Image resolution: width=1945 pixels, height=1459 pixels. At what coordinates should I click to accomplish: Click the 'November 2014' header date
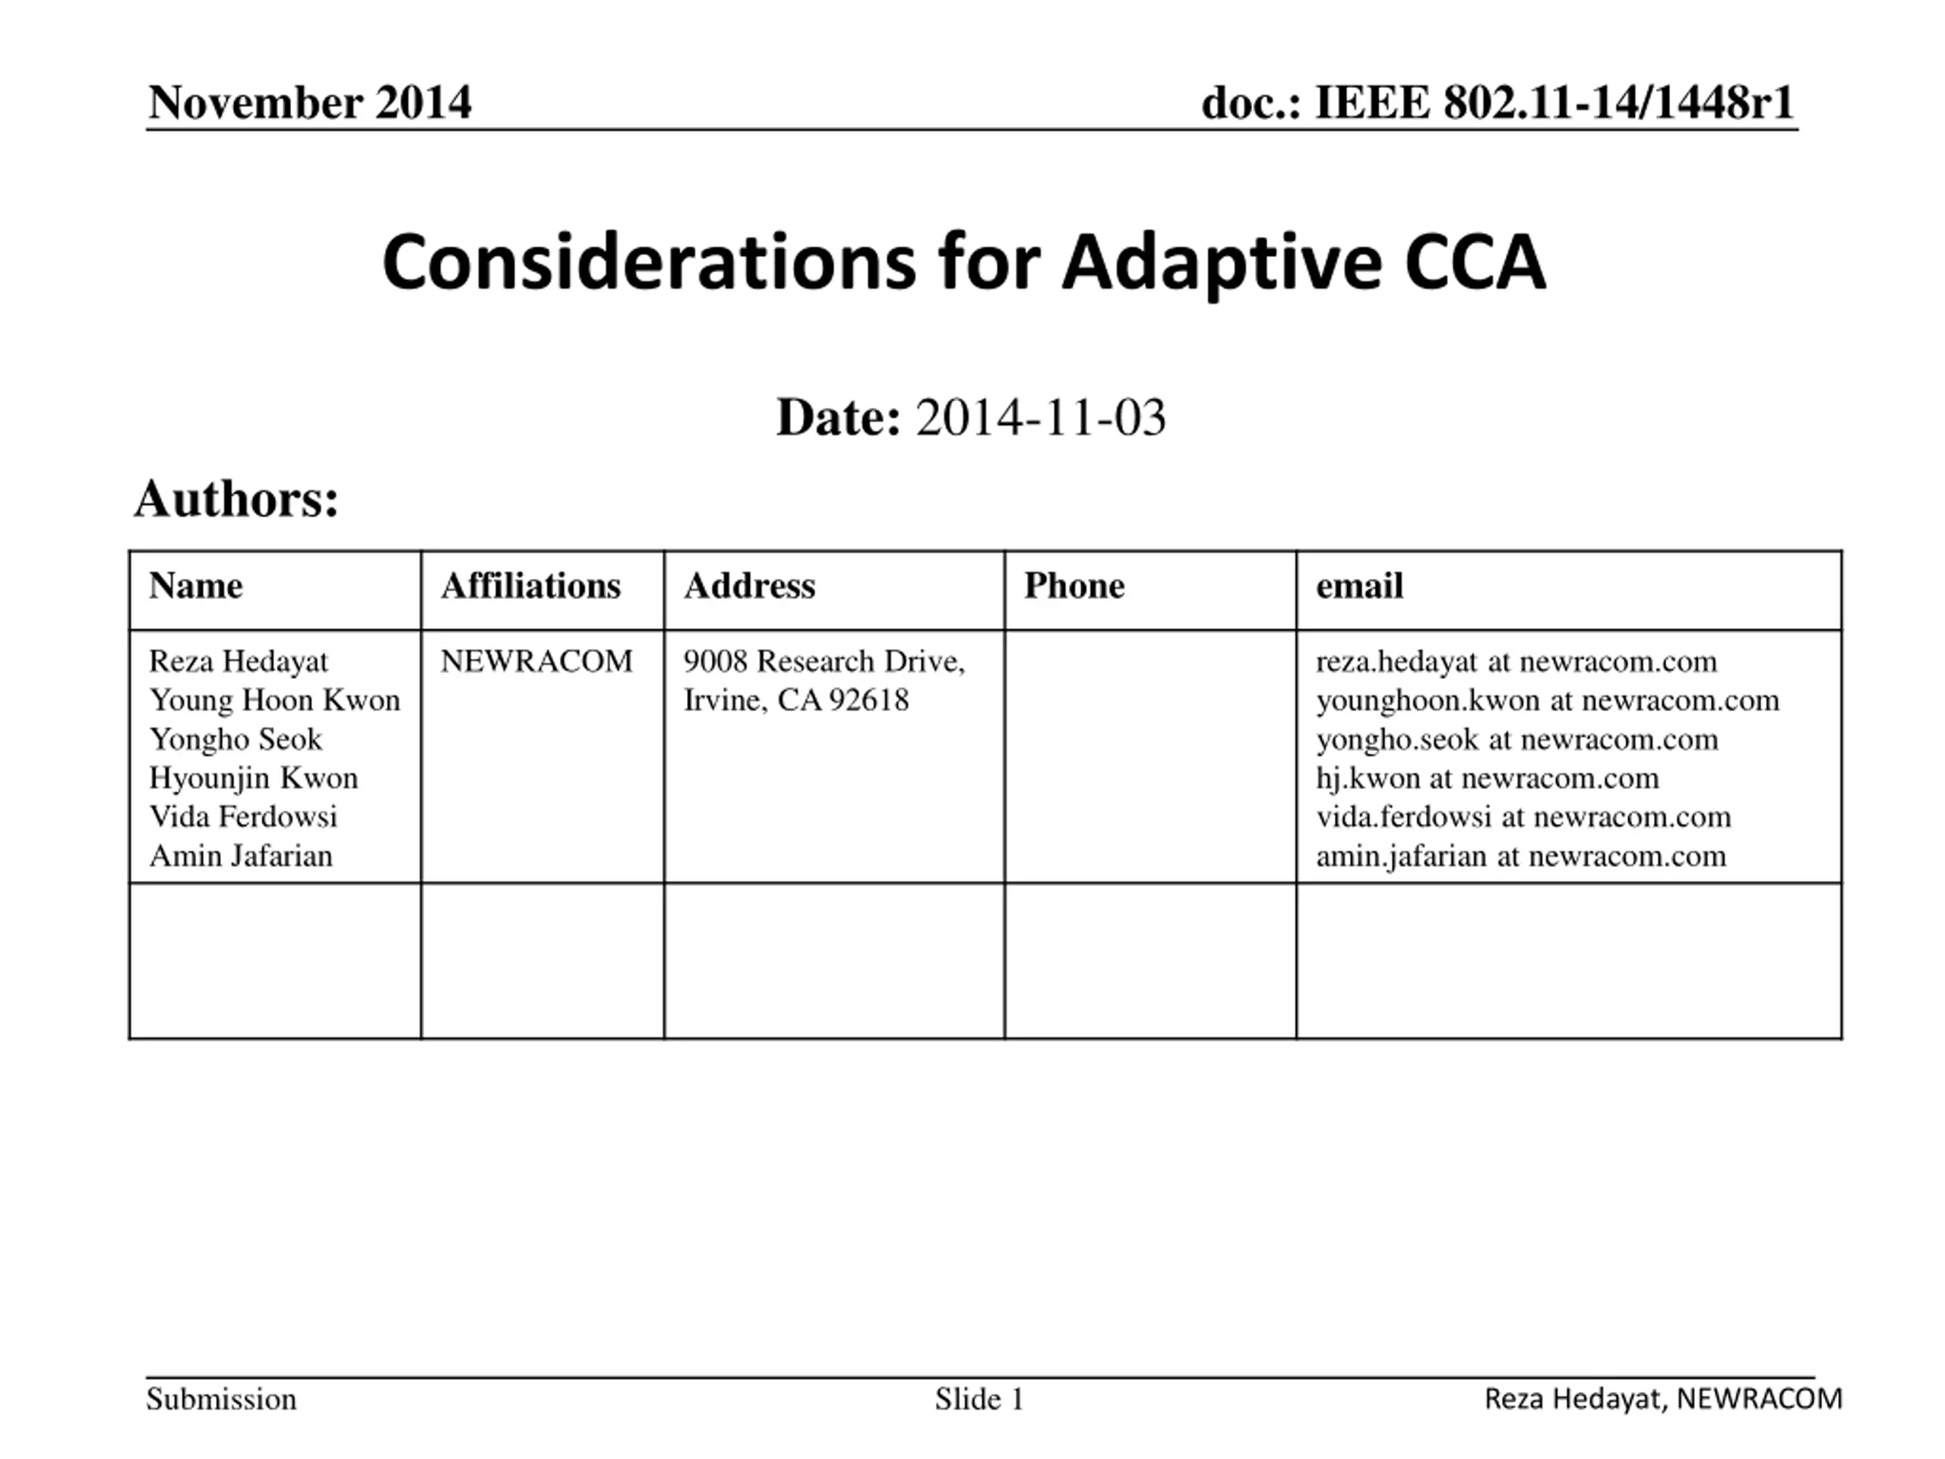pos(309,102)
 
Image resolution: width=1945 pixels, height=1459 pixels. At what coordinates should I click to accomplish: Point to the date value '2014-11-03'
pos(1041,417)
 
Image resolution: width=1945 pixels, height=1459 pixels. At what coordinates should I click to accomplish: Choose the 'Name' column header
pos(196,586)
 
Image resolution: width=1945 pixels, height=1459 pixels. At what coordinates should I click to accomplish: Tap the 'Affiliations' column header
pos(531,586)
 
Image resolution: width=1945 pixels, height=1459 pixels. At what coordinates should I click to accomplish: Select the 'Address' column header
pos(749,586)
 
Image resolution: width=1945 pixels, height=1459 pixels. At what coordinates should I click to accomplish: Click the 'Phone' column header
pos(1074,586)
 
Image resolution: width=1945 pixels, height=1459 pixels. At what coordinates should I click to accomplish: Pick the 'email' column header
pos(1359,586)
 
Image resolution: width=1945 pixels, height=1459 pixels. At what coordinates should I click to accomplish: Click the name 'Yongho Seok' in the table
pos(236,739)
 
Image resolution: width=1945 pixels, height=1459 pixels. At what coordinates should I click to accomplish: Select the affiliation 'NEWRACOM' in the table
pos(536,661)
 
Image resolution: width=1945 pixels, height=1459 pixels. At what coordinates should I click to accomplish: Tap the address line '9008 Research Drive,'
pos(824,661)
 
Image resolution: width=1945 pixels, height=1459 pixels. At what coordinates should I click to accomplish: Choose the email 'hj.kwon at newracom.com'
pos(1488,777)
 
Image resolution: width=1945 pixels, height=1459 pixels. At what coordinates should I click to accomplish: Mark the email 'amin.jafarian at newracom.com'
pos(1521,856)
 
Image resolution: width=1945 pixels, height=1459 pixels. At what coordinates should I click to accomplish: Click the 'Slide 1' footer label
pos(979,1399)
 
